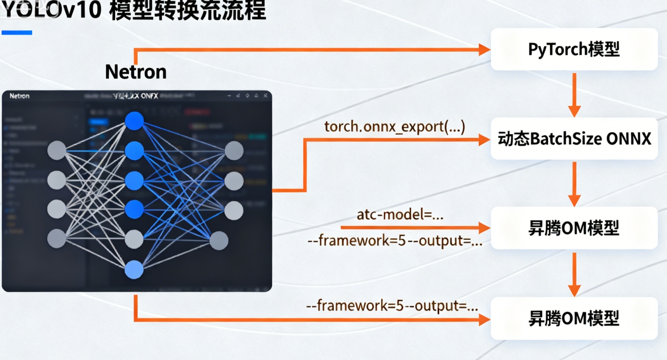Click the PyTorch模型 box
(574, 49)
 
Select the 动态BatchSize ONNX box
(574, 139)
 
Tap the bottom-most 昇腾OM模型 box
(574, 318)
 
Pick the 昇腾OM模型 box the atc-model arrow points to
(574, 228)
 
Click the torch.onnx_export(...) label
(395, 127)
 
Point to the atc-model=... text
(400, 215)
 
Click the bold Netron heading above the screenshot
(135, 72)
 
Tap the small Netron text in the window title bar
(19, 96)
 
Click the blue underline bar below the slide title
(17, 33)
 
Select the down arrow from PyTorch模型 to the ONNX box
(574, 95)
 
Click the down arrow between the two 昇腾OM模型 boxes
(574, 274)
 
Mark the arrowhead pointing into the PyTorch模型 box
(484, 49)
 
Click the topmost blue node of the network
(134, 121)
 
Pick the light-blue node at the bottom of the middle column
(134, 270)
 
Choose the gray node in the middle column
(134, 240)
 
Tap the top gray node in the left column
(57, 151)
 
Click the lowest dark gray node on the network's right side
(218, 241)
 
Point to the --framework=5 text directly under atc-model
(395, 241)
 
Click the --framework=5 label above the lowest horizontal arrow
(392, 306)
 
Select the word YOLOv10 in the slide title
(51, 10)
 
